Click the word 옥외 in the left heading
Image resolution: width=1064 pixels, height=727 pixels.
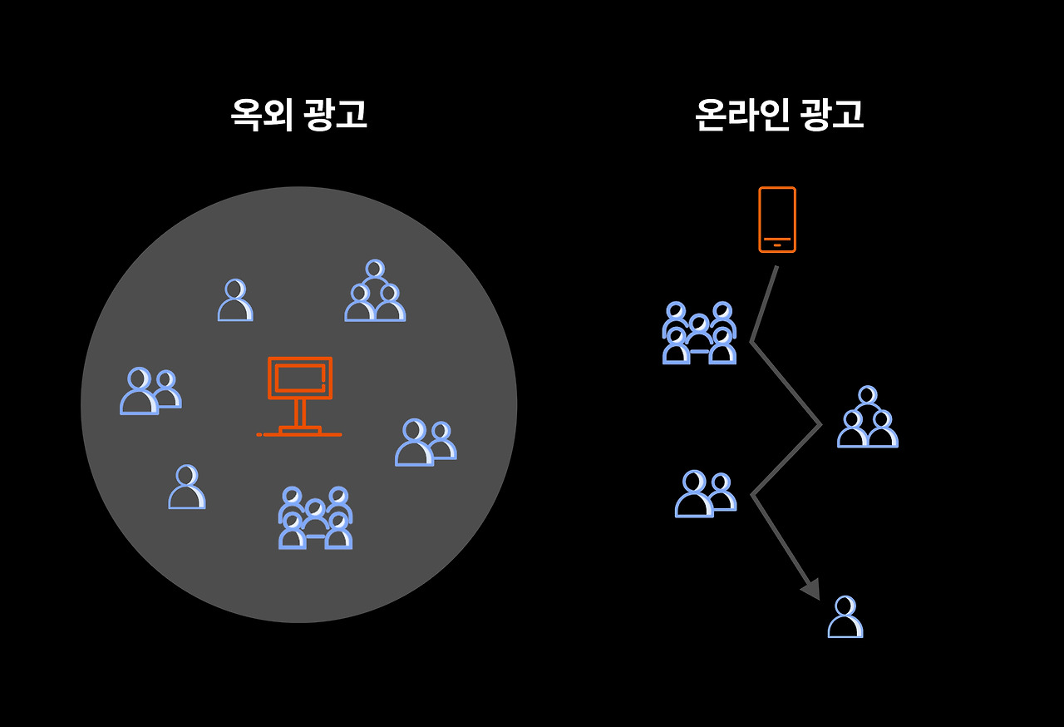coord(261,116)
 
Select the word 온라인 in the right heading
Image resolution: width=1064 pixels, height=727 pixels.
coord(741,116)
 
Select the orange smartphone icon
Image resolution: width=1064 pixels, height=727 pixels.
coord(777,219)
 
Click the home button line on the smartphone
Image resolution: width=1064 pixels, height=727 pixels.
coord(777,245)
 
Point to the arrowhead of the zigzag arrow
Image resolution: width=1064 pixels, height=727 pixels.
coord(811,589)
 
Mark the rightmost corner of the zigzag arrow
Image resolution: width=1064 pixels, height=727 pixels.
coord(820,426)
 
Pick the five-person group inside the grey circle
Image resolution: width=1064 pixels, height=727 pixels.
coord(315,518)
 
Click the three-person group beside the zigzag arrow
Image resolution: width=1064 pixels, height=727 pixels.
coord(867,418)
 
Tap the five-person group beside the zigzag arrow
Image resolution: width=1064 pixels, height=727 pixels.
coord(699,333)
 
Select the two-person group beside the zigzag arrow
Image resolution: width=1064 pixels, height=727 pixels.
coord(705,494)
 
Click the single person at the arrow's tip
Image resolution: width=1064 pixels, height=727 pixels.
coord(845,617)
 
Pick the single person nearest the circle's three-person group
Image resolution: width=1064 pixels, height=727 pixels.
coord(235,300)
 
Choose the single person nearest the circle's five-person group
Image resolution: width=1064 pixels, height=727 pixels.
coord(186,487)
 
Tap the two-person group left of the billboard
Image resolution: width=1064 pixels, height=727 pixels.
coord(150,391)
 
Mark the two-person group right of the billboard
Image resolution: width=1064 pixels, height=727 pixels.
coord(426,443)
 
